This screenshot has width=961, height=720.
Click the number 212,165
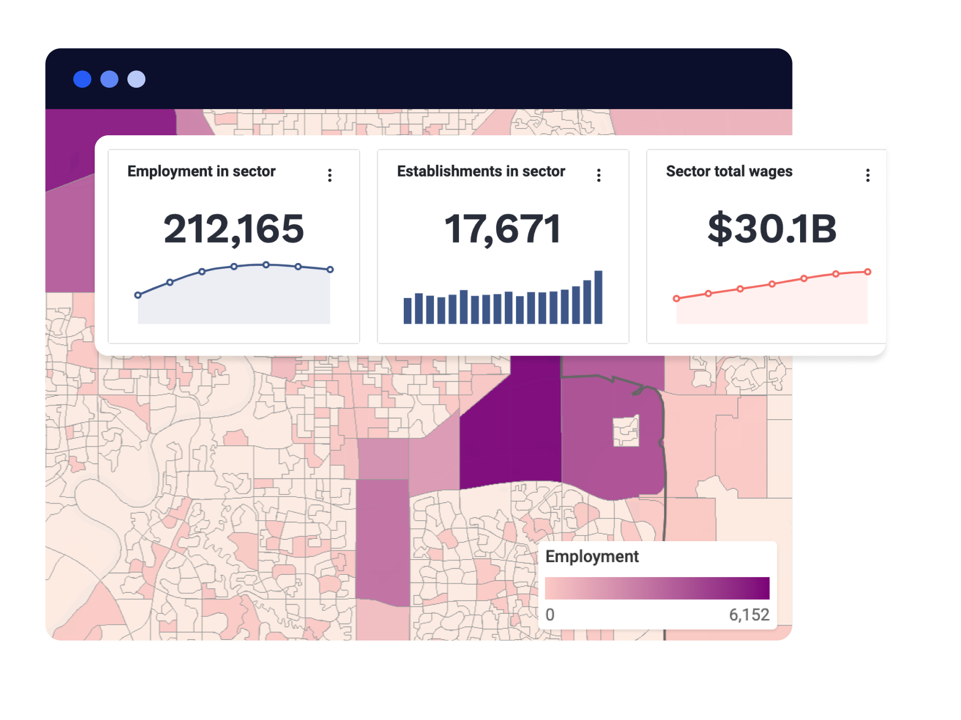click(234, 229)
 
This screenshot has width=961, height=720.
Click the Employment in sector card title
click(201, 171)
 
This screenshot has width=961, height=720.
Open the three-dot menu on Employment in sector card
click(330, 175)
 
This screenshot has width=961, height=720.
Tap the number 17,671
click(503, 229)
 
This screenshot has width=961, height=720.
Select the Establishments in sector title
click(480, 171)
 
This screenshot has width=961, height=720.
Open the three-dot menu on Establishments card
click(599, 175)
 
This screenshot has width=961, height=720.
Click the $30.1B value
click(772, 229)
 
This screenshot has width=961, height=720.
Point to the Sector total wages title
click(729, 171)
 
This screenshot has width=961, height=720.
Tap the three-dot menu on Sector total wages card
click(868, 175)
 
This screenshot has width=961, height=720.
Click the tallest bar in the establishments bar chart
click(598, 297)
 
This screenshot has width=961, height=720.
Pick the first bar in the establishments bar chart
click(408, 311)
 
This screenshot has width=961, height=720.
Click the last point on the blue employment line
click(330, 269)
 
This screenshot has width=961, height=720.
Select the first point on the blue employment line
click(138, 295)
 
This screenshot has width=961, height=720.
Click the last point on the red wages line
click(867, 272)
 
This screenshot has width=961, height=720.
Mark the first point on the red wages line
click(676, 298)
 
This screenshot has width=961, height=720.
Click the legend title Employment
click(591, 556)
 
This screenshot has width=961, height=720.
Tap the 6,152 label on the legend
click(749, 615)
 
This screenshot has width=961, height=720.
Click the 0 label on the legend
click(550, 615)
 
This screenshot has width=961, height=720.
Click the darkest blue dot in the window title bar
click(83, 79)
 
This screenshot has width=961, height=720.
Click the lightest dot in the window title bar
click(137, 79)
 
